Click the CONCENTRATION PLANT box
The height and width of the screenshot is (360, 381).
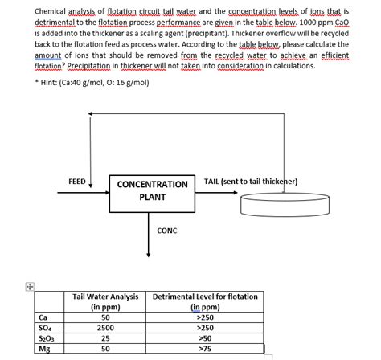(x=152, y=190)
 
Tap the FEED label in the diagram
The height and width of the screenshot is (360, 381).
(x=78, y=182)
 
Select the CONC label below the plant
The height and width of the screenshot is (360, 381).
(x=166, y=231)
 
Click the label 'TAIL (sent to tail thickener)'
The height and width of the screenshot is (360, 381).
(x=251, y=182)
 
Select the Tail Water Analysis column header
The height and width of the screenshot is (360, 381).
(x=100, y=301)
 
